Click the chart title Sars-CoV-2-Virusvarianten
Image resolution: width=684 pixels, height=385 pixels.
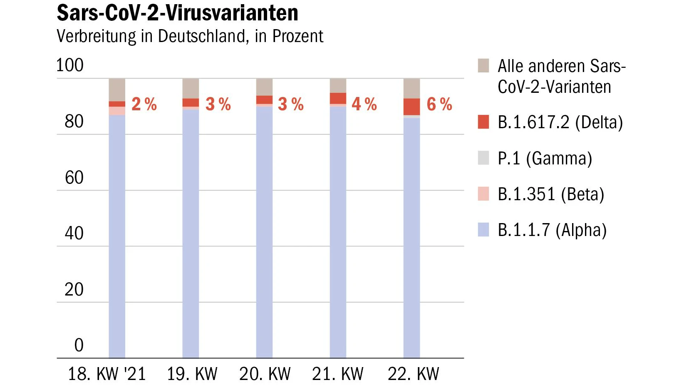(x=177, y=13)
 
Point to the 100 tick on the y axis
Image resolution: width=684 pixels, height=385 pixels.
(x=70, y=65)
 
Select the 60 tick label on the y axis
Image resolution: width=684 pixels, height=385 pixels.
(x=74, y=177)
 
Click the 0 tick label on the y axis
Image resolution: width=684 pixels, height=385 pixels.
(x=79, y=345)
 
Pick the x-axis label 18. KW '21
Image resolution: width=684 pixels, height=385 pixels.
(x=107, y=373)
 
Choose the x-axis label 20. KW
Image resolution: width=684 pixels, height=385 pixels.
(x=265, y=373)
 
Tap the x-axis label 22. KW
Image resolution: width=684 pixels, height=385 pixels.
(x=413, y=373)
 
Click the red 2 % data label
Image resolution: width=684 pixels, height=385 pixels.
(x=144, y=104)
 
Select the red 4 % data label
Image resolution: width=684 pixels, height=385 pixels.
(x=364, y=104)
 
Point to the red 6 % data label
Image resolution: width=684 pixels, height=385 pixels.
(x=439, y=104)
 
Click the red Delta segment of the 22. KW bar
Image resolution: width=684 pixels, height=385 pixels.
(x=411, y=107)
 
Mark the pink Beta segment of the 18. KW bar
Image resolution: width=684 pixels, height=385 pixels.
(x=117, y=111)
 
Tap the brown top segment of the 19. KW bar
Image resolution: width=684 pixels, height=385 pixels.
(x=191, y=88)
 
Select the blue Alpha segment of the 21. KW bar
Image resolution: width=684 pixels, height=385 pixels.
(x=338, y=232)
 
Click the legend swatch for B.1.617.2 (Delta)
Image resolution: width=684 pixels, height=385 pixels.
(x=483, y=122)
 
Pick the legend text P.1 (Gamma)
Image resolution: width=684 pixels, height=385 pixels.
(x=545, y=158)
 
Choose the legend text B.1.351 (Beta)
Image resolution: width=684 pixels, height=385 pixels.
(x=551, y=194)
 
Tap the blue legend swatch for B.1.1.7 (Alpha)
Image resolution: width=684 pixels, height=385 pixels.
(x=483, y=229)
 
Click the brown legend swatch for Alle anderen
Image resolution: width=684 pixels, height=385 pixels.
(x=483, y=65)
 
